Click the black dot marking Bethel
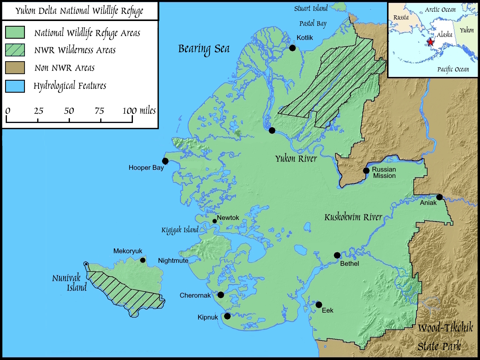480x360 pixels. (337, 255)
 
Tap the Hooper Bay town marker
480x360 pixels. (165, 161)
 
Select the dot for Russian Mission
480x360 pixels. (366, 171)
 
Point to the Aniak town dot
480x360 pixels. (439, 197)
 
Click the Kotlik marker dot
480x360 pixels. (292, 48)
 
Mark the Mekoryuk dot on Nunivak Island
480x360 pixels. (143, 260)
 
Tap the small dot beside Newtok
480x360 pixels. (214, 221)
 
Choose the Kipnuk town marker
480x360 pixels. (227, 316)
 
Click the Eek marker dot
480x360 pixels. (319, 305)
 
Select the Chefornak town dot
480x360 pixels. (221, 295)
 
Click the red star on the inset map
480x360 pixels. (431, 41)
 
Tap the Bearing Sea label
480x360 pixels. (204, 49)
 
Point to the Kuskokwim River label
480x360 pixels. (353, 217)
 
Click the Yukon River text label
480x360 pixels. (296, 158)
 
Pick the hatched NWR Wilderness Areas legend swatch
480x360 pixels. (15, 50)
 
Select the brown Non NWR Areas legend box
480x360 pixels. (15, 68)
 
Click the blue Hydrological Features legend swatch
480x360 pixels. (15, 86)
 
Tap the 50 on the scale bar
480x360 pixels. (69, 111)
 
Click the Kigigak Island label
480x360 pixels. (180, 230)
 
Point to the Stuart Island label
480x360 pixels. (311, 8)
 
